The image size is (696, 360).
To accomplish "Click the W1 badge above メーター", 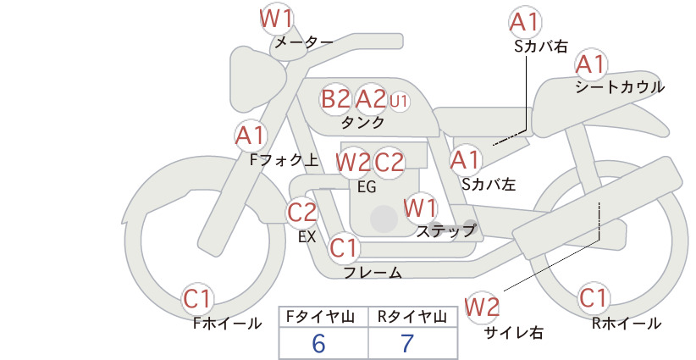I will pos(276,18).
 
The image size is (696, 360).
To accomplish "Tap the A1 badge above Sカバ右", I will pos(525,22).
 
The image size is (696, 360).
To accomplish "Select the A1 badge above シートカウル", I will pos(590,64).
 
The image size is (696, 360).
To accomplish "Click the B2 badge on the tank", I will pos(336,99).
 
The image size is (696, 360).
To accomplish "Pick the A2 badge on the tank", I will pos(371,99).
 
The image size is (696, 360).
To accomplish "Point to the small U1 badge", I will pos(400,101).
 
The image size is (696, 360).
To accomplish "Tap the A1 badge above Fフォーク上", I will pos(251,135).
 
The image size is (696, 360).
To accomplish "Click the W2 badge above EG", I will pos(353,162).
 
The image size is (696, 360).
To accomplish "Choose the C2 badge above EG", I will pos(389,162).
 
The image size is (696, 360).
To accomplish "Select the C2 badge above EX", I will pos(302,212).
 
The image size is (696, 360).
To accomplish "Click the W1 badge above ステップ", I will pos(421,207).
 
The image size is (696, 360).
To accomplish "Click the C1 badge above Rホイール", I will pos(593,298).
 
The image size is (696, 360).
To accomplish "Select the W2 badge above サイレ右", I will pos(483,306).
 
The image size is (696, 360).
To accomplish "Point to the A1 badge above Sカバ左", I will pos(465,159).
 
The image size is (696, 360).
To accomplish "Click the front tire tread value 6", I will pos(318,344).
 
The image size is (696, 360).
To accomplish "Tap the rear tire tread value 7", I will pos(407,344).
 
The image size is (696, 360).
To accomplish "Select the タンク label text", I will pos(362,123).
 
